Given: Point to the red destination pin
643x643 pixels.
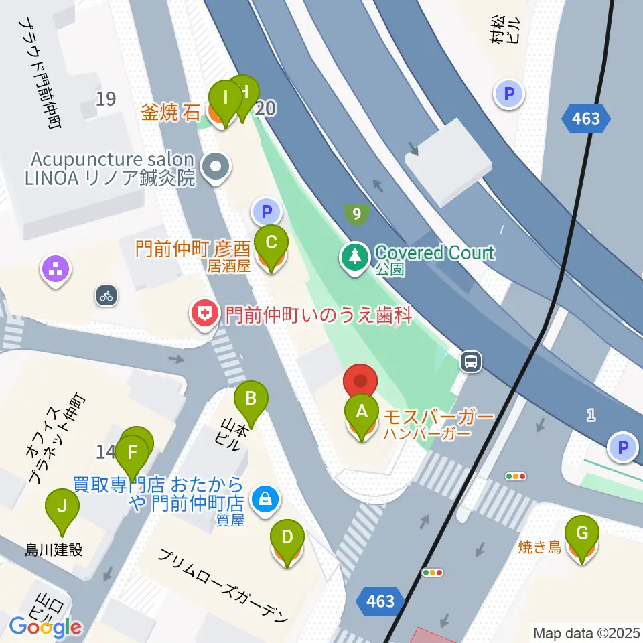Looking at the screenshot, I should point(360,382).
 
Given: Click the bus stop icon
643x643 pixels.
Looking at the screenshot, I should point(471,362).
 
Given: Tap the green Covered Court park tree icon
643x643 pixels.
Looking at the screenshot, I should point(354,257).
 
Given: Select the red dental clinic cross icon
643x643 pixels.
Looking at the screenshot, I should point(204,313).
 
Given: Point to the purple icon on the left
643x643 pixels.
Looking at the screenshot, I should point(56,269).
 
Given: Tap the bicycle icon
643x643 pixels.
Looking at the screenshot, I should point(106,295).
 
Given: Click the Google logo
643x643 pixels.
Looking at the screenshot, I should point(46,626).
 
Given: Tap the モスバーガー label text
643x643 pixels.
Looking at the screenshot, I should point(438,417).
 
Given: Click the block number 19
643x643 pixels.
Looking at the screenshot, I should point(105,99).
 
